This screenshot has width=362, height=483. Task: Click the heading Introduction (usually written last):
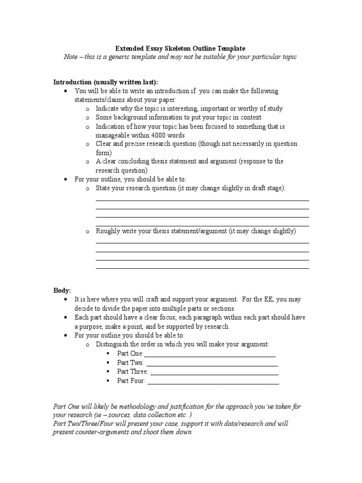[x=106, y=82]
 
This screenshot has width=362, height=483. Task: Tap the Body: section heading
[x=62, y=291]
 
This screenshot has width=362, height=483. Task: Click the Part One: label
[x=130, y=354]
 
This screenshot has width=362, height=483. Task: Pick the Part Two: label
[x=131, y=363]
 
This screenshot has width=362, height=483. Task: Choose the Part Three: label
[x=132, y=372]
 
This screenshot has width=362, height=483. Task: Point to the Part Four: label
[x=131, y=381]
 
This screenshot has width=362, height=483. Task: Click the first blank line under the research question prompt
[x=202, y=200]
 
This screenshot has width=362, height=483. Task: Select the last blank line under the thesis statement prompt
[x=202, y=268]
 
